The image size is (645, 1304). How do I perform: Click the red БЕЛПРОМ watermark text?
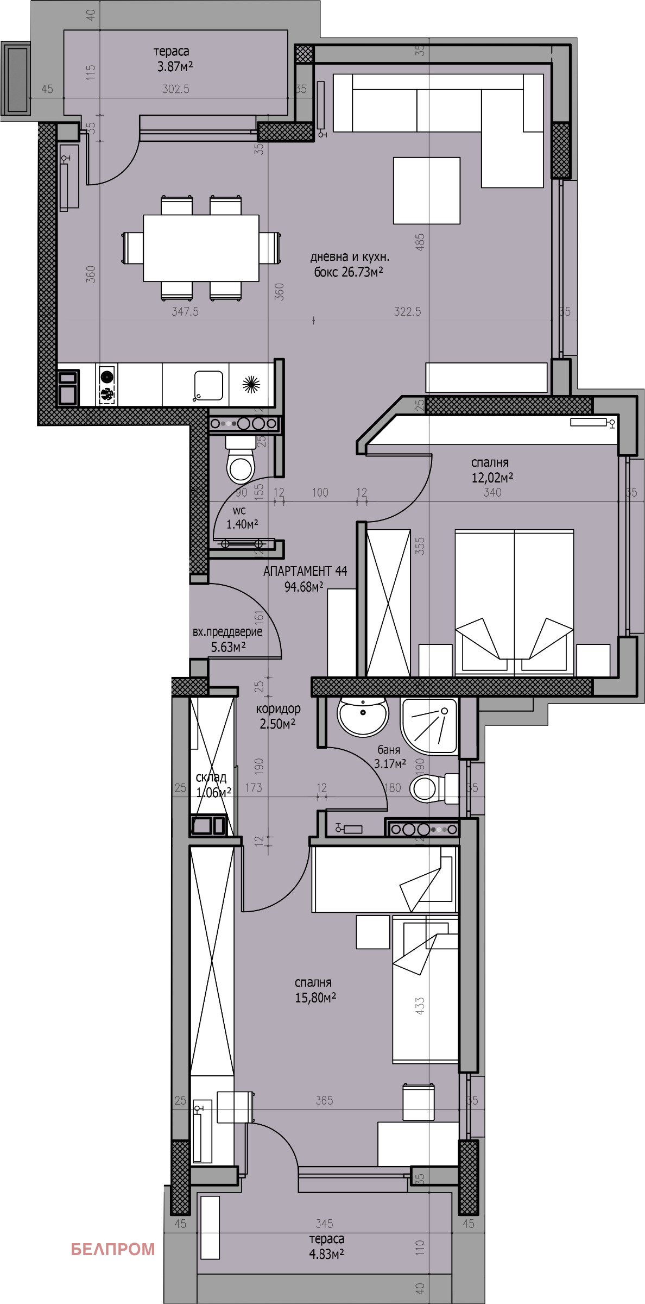pos(112,1234)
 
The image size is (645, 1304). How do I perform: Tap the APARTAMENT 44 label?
pos(305,571)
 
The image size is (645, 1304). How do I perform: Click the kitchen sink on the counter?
pos(208,385)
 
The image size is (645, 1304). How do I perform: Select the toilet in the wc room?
pos(241,465)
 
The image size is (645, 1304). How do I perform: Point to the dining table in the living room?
pos(200,248)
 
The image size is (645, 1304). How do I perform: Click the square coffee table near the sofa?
pos(426,190)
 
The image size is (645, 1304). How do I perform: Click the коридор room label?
pos(277,709)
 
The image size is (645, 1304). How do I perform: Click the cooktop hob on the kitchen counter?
pos(106,385)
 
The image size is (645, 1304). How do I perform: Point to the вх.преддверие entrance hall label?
pos(227,632)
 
